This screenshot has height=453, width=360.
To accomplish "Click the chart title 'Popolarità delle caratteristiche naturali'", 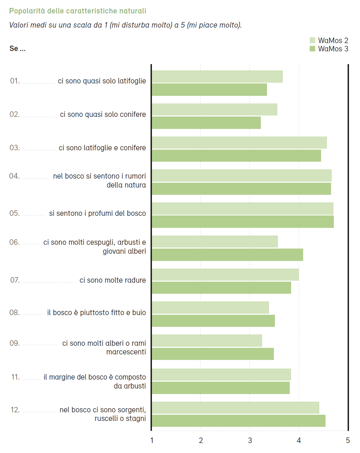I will click(78, 11).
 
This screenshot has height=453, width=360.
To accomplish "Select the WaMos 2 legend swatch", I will click(312, 40).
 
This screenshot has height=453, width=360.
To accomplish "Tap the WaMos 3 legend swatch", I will click(312, 49).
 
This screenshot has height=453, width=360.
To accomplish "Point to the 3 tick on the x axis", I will click(250, 440).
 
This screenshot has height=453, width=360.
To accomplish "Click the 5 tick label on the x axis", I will click(348, 440).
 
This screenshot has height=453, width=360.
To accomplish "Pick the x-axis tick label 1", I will click(152, 440).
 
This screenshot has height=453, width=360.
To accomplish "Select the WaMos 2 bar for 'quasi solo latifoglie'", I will click(217, 77).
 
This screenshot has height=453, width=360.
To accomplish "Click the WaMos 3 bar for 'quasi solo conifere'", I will click(206, 123).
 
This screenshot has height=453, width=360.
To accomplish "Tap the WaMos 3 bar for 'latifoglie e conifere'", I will click(236, 155).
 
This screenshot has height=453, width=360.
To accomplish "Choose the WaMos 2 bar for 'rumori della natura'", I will click(241, 175).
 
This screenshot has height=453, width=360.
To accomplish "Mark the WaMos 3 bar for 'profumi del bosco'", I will click(243, 222).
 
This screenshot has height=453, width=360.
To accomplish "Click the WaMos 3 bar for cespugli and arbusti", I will click(227, 255).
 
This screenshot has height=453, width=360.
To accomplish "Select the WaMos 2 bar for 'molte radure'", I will click(225, 275).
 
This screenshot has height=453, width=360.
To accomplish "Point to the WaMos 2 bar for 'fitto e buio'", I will click(210, 308).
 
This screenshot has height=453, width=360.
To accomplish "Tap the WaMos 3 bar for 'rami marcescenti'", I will click(213, 354).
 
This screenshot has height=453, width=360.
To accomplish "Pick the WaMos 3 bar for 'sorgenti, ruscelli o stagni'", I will click(238, 421).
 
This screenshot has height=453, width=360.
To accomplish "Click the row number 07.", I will click(15, 280).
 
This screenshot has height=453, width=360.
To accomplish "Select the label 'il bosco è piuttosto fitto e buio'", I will click(96, 313).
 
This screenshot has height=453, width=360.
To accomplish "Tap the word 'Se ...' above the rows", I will click(17, 49).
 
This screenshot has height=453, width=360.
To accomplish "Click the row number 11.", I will click(16, 377).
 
